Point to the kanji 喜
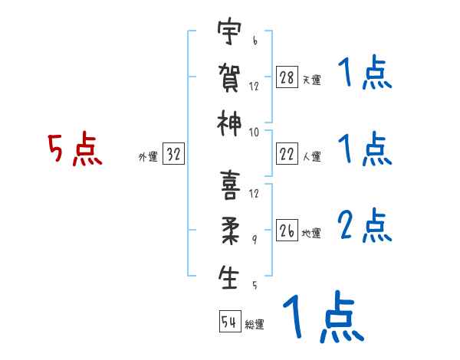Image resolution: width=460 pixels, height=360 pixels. point(228,185)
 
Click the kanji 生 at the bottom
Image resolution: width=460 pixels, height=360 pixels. point(228,277)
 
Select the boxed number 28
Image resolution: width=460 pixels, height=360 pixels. point(287,77)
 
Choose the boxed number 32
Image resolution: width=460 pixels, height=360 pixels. point(173,155)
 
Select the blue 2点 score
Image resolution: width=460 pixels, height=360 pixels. point(364,227)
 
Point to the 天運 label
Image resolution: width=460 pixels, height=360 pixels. point(311,80)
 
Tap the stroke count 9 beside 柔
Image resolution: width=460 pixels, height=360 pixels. point(255,240)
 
